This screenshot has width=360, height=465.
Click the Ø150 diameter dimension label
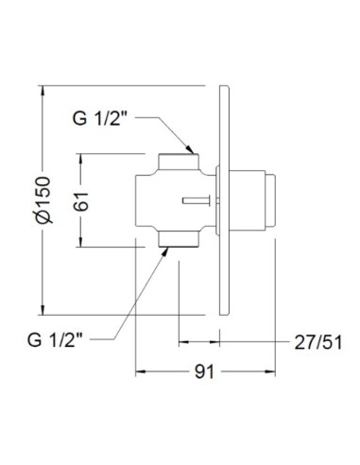click(43, 200)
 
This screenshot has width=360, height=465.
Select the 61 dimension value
click(81, 200)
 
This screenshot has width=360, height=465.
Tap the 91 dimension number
click(204, 371)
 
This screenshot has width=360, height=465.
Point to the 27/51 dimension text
click(318, 342)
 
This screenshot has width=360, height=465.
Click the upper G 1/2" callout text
click(100, 118)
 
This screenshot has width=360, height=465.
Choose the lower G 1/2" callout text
click(55, 340)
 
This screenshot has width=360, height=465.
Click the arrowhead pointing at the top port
click(189, 148)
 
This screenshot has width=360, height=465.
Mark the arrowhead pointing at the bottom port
click(164, 252)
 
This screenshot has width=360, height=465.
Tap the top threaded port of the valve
click(179, 162)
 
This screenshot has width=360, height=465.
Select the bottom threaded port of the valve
click(179, 238)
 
